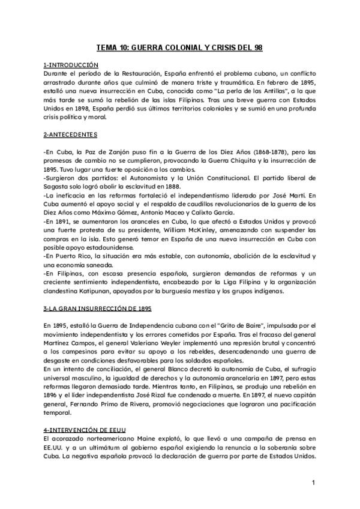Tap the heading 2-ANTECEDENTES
(x=68, y=134)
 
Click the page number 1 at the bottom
(x=314, y=483)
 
